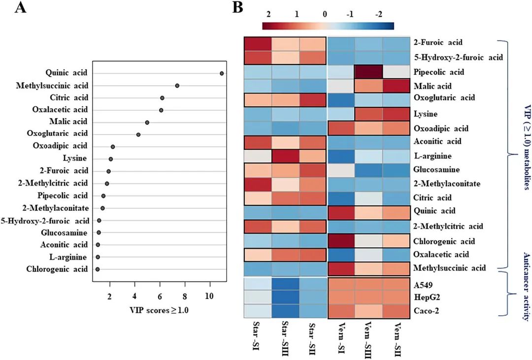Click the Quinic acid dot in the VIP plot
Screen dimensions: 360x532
click(222, 73)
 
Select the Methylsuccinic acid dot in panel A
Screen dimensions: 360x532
click(177, 86)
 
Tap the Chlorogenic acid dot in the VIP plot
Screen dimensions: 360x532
click(98, 269)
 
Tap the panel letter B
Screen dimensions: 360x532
click(237, 8)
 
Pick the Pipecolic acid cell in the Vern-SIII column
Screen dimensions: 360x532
click(369, 72)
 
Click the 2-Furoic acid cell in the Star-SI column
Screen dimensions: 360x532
click(258, 43)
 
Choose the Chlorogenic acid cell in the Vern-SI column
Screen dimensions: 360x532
click(342, 241)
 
